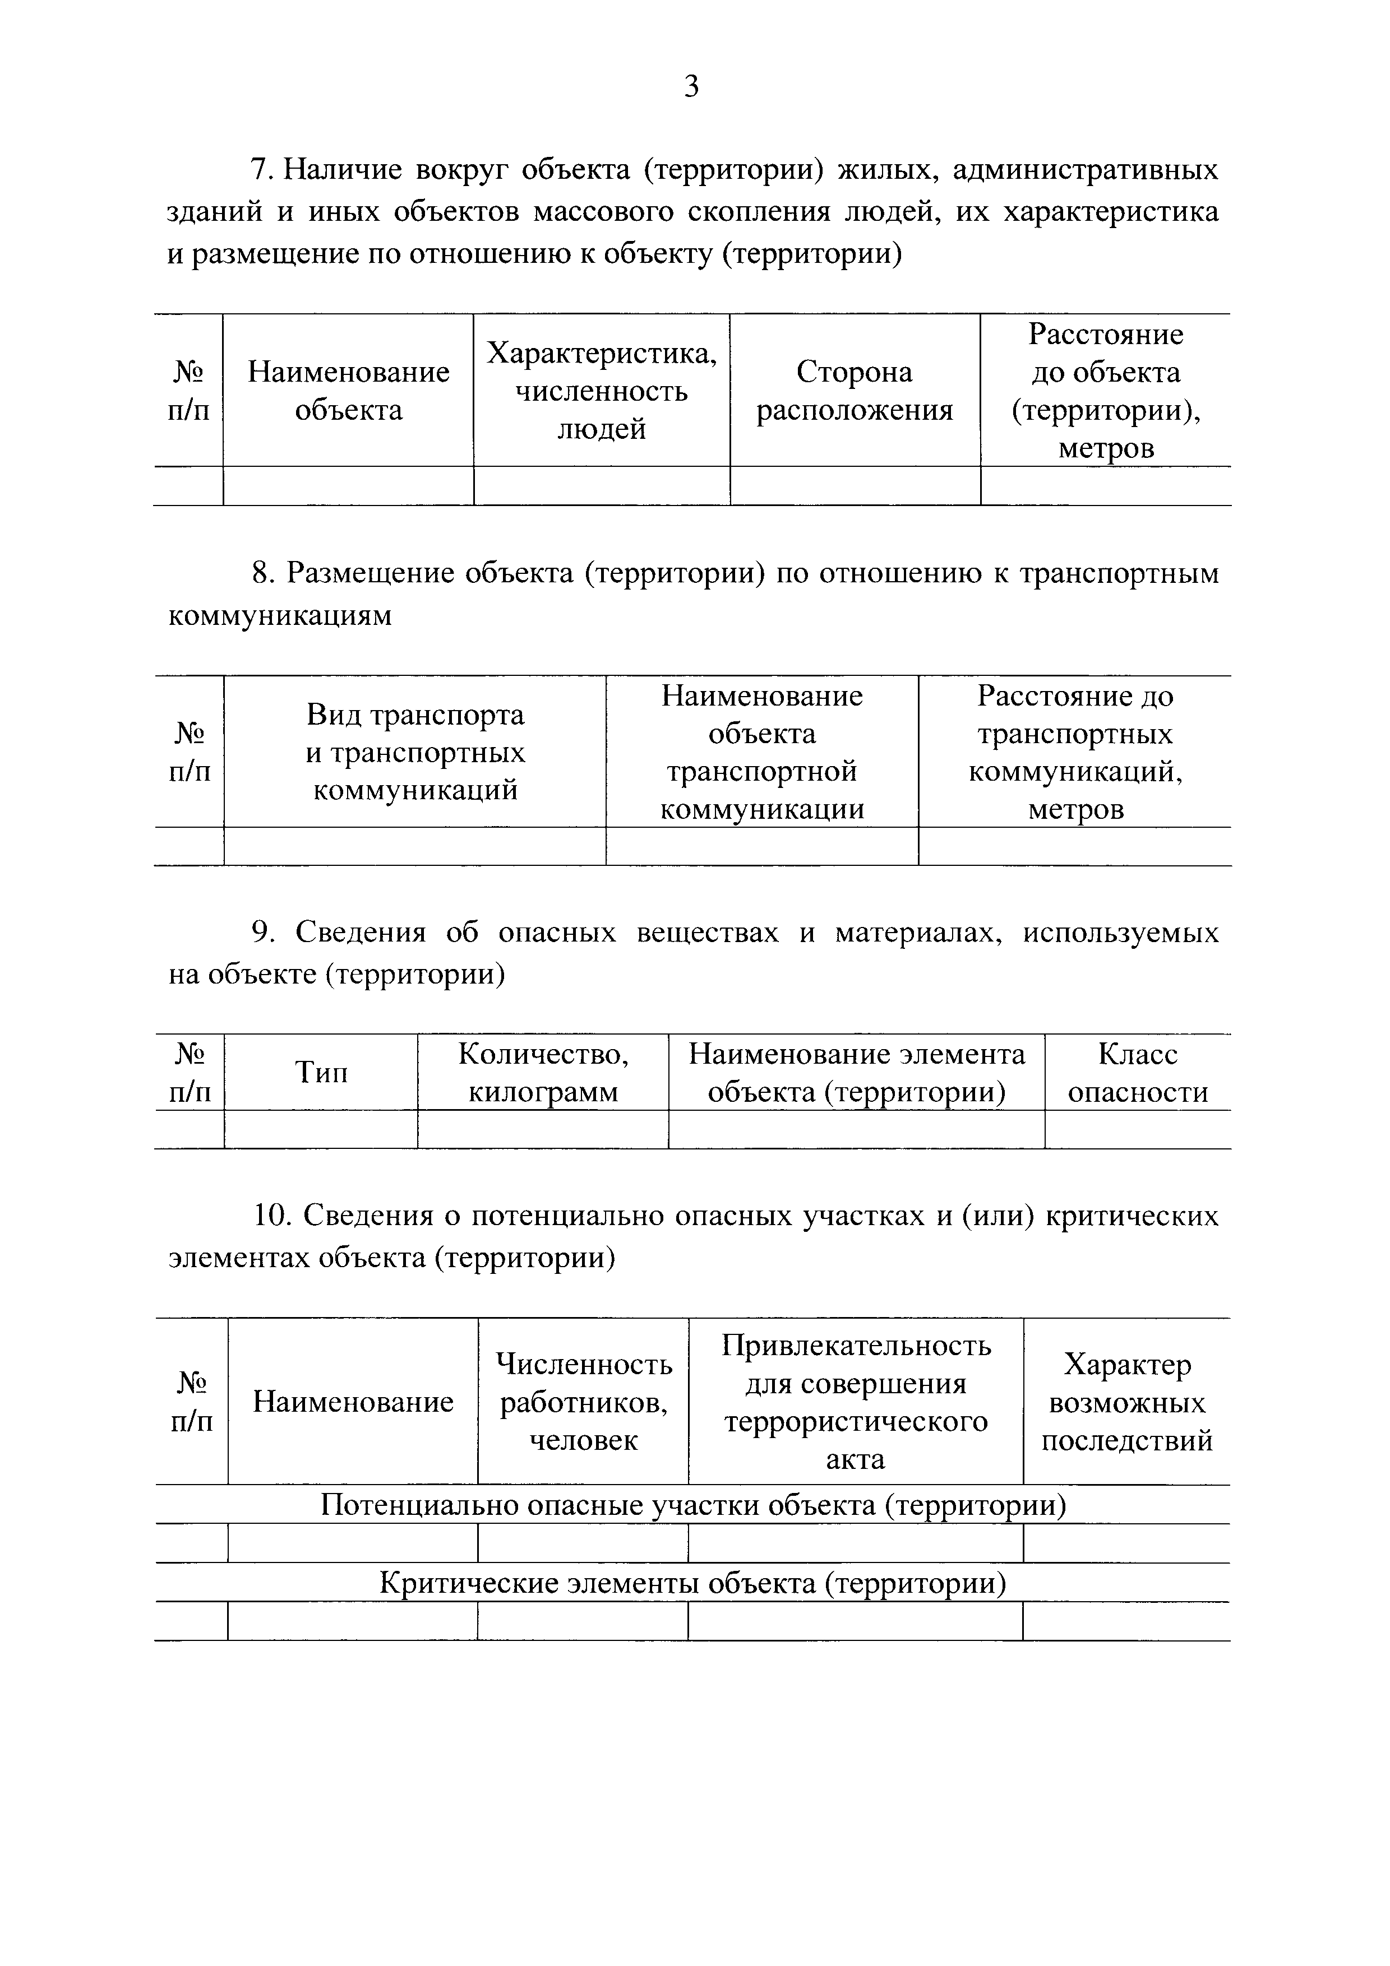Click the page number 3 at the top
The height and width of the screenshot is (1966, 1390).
692,86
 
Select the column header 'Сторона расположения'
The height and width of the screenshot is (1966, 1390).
855,391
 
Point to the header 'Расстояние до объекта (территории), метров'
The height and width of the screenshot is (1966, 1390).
1106,391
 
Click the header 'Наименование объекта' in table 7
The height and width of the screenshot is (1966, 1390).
349,391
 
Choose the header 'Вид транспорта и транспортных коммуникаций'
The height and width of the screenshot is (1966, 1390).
415,752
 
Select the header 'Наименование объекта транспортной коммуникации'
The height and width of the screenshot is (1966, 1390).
761,752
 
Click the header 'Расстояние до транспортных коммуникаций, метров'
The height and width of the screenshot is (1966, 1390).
1075,752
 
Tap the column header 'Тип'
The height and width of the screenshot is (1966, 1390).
321,1072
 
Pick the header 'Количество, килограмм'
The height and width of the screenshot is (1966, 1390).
543,1072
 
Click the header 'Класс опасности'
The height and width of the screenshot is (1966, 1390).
1137,1072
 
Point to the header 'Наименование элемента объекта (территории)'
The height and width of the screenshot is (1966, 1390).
856,1072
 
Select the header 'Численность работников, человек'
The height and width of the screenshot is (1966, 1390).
583,1402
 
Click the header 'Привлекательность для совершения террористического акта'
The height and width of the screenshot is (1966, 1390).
856,1402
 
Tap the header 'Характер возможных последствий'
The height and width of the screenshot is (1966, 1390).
1126,1402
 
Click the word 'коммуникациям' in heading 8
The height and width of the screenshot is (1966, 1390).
280,615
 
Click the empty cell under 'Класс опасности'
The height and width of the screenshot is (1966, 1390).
1137,1129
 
